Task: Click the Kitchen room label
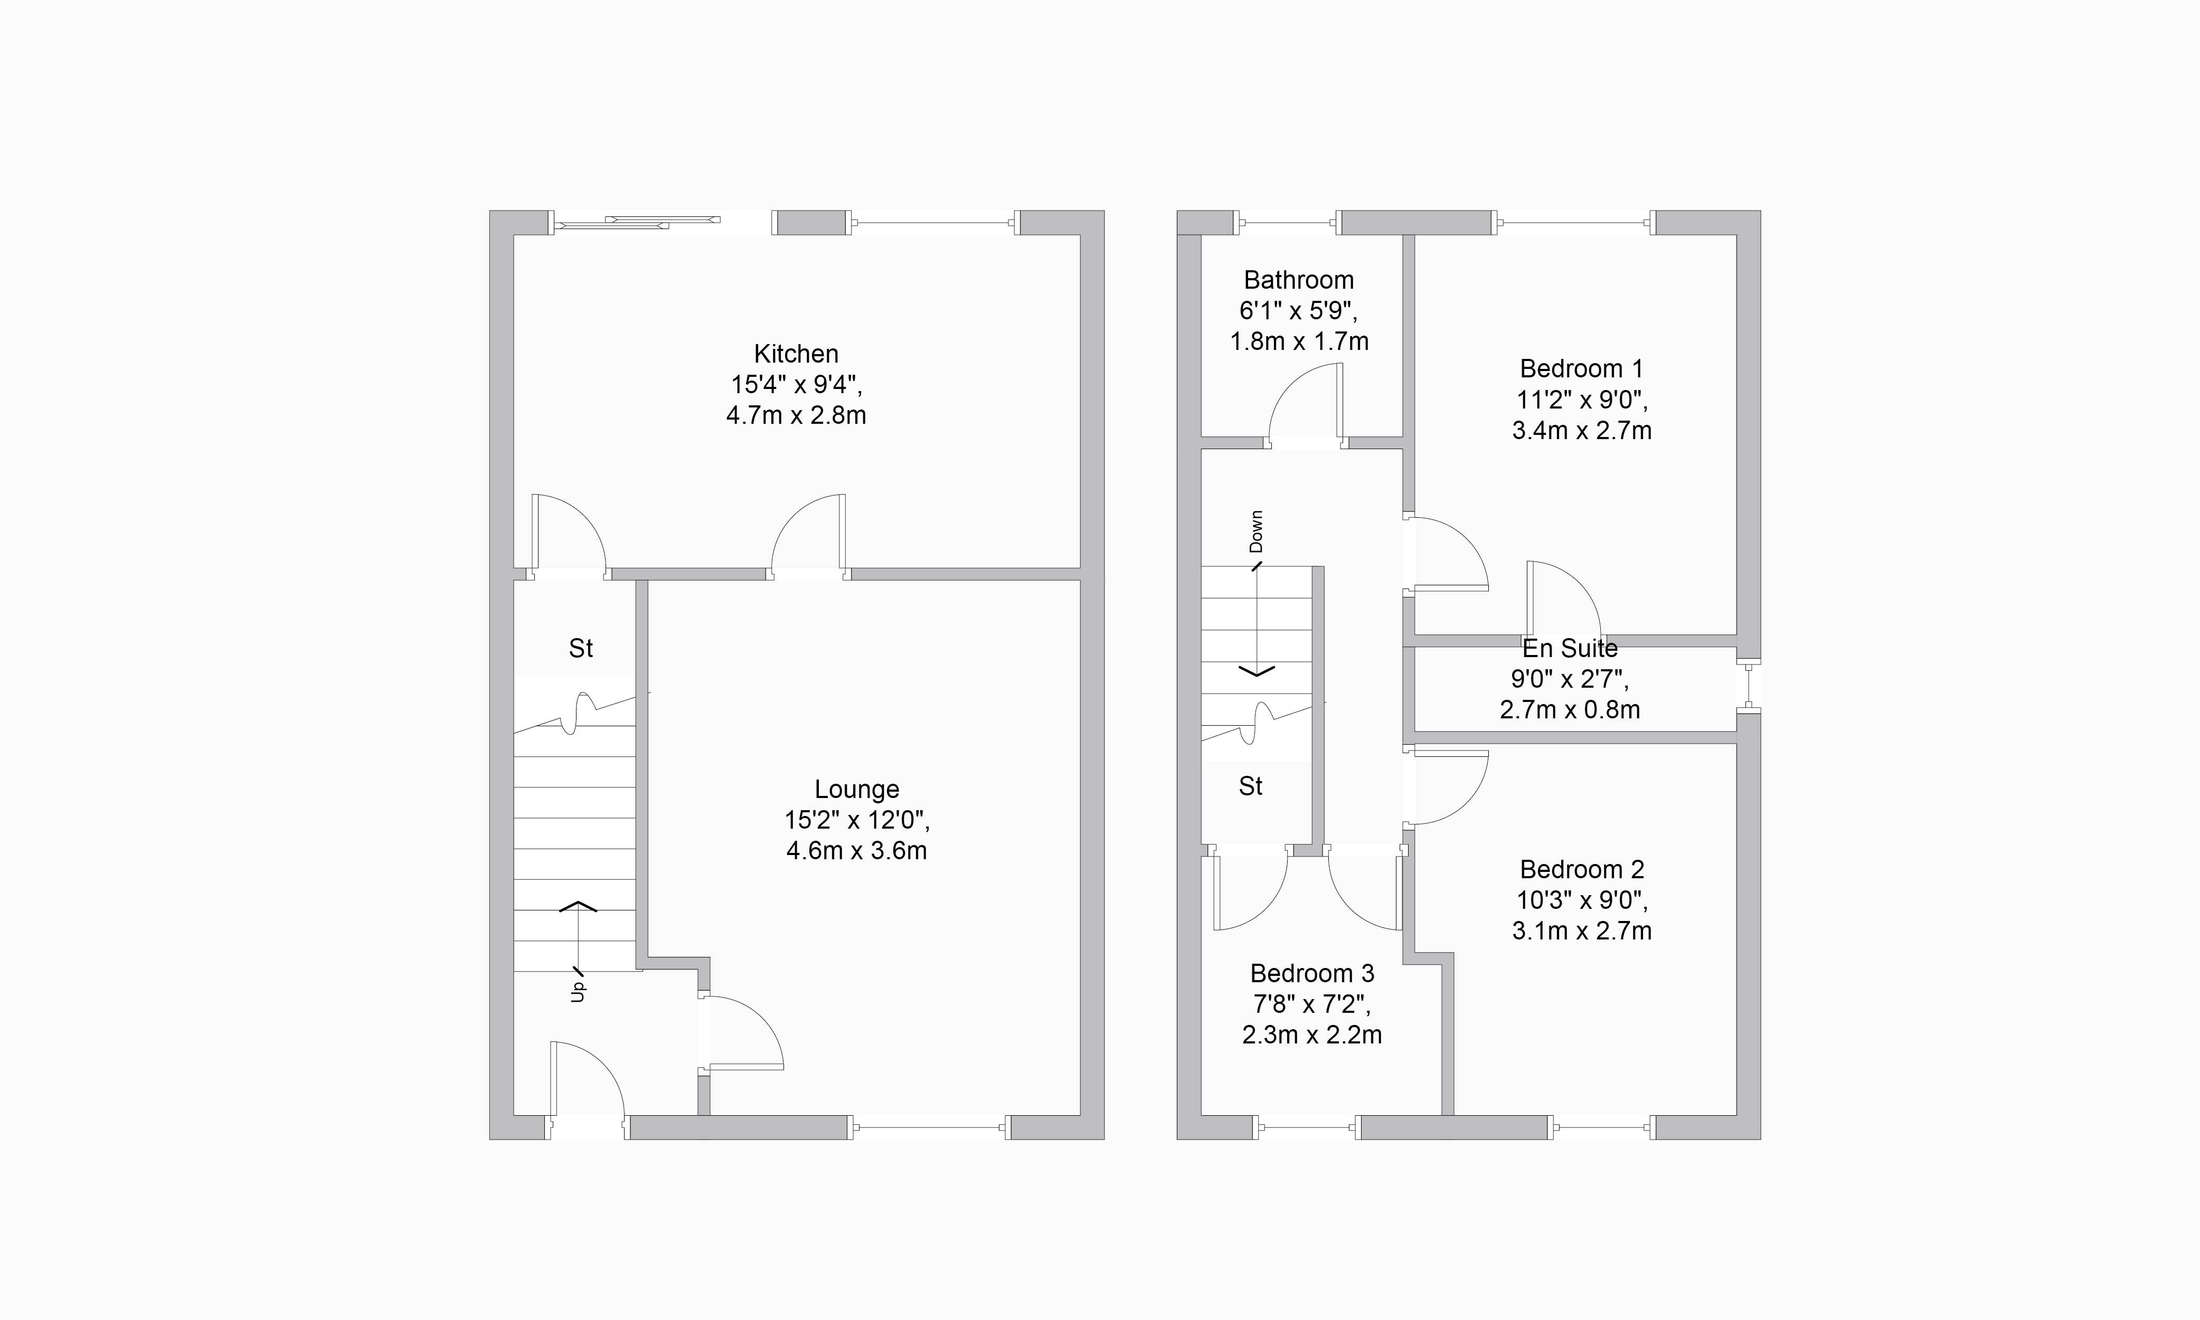point(796,354)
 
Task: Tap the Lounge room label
point(857,790)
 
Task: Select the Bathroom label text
point(1299,280)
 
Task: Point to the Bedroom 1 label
point(1582,368)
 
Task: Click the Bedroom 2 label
point(1582,869)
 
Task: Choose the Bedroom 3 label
point(1312,973)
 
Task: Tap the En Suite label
point(1570,649)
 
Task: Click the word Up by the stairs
point(578,991)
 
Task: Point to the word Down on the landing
point(1256,531)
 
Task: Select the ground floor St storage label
point(581,649)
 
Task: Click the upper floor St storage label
point(1251,786)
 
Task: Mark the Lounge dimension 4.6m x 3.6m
point(857,851)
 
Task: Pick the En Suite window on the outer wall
point(1749,686)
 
